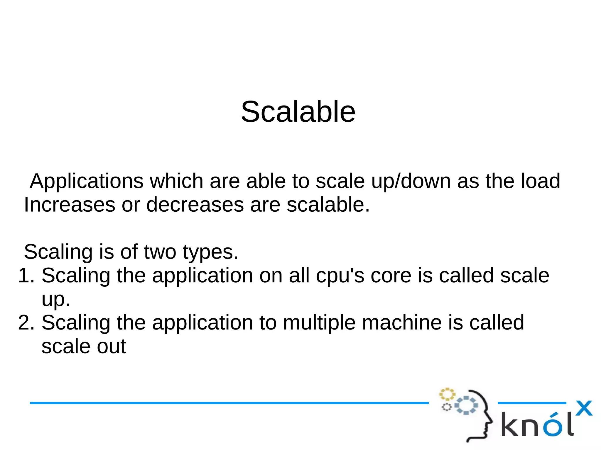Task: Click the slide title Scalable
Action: coord(298,112)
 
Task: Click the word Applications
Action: coord(87,181)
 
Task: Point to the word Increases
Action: coord(70,205)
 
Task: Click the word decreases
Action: coord(195,205)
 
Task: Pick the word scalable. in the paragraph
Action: coord(328,205)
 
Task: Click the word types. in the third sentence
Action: coord(210,252)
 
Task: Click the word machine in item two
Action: coord(402,323)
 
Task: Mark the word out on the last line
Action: coord(112,347)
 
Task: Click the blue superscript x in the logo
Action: coord(584,408)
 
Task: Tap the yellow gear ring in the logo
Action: coord(447,394)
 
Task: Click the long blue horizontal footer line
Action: coord(229,403)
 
